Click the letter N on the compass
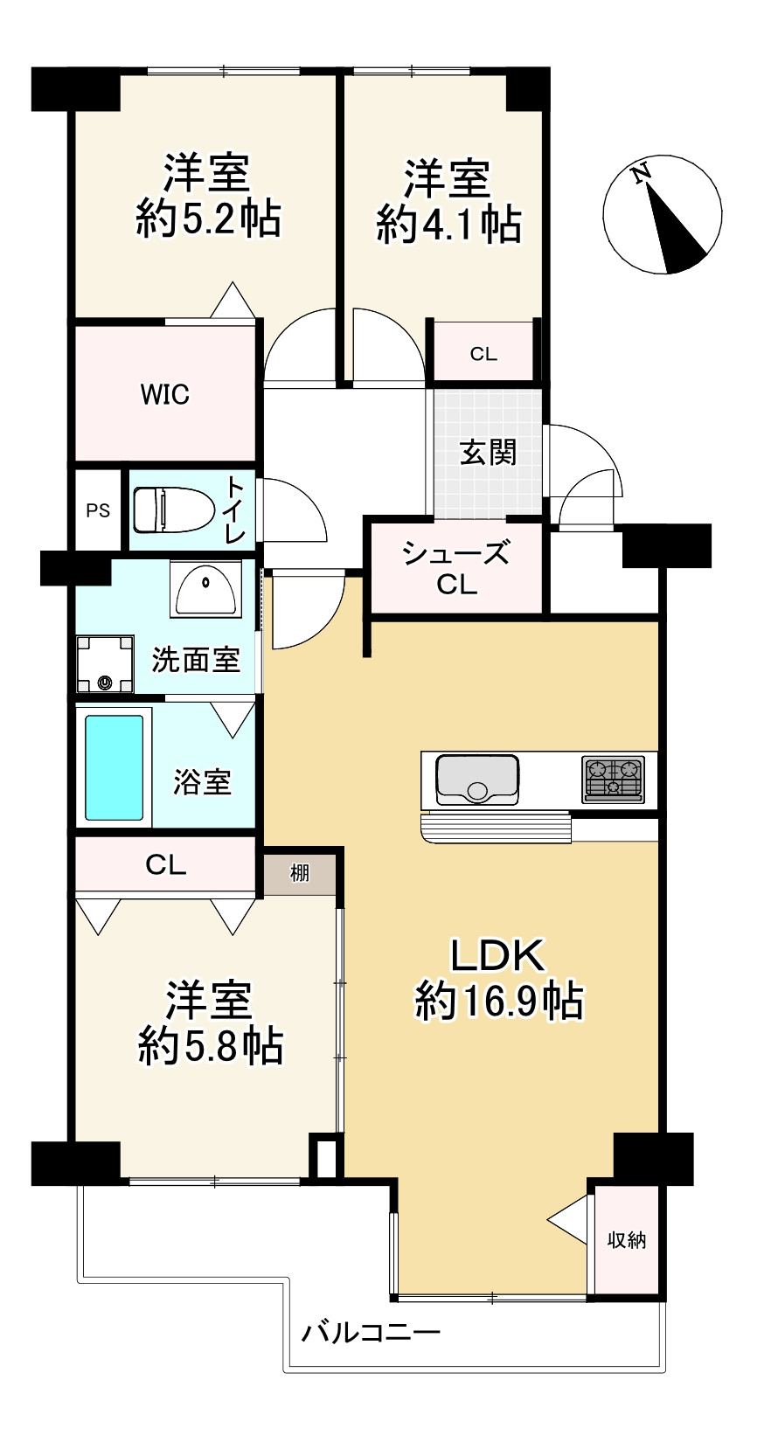point(643,173)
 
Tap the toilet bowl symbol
point(173,510)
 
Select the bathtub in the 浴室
point(114,767)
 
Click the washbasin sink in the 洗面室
point(206,590)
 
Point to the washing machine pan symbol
point(105,663)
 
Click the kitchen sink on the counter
point(477,779)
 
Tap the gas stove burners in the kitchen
point(614,779)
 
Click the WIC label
point(165,395)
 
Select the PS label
point(98,510)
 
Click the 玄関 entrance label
point(488,453)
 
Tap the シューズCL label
point(455,568)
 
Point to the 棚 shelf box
point(299,872)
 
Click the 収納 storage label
point(627,1239)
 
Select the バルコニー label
point(371,1334)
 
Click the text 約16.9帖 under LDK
point(498,1001)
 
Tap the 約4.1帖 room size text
point(448,225)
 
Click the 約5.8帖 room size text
point(211,1045)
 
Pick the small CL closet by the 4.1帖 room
point(483,353)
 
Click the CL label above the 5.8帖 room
point(166,865)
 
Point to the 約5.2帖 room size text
point(208,218)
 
